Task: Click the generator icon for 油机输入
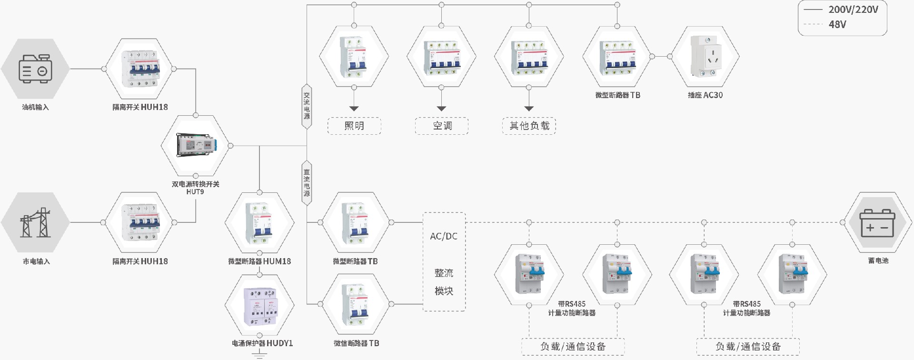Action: [35, 69]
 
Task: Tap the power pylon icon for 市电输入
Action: [35, 222]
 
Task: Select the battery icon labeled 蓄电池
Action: [877, 222]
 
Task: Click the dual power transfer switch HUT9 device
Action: [196, 145]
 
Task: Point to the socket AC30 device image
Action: [705, 56]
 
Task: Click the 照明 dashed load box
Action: [354, 126]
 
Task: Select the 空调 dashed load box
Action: [442, 126]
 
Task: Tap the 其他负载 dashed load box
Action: [529, 126]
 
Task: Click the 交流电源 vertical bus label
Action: [307, 106]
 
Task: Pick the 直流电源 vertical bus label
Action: [307, 183]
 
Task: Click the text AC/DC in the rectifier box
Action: [444, 236]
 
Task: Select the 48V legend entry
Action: [837, 24]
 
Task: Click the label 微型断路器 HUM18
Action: [259, 261]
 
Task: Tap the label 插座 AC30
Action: [705, 95]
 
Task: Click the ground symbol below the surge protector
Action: [259, 355]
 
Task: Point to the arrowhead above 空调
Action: [441, 109]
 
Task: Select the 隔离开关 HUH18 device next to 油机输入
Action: [139, 69]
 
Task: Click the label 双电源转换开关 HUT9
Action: [195, 188]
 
